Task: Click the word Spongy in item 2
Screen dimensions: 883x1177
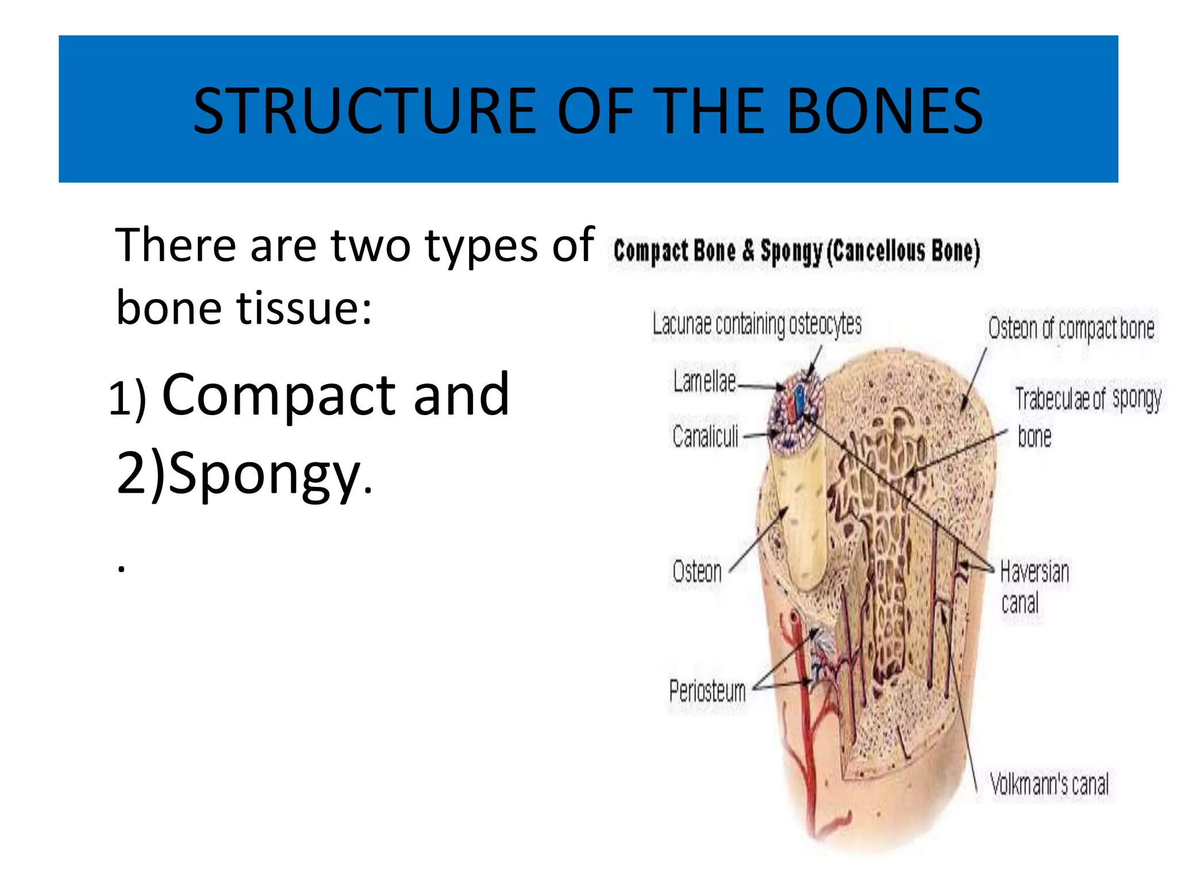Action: pos(264,474)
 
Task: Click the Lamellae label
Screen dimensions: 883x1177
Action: pos(705,381)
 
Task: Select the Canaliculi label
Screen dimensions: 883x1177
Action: pos(705,436)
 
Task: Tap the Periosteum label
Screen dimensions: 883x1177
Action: pos(707,690)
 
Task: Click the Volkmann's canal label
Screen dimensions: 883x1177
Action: pos(1049,784)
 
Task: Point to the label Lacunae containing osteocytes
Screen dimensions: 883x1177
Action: pos(757,325)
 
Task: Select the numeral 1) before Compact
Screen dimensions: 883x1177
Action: pos(128,398)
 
